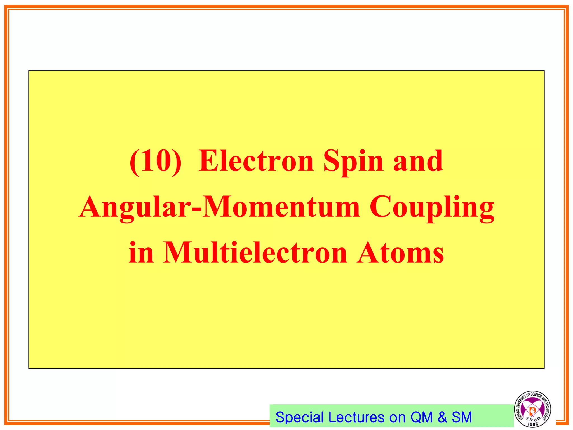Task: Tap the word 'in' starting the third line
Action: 141,253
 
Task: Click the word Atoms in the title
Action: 400,253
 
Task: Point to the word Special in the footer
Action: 300,417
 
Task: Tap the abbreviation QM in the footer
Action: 421,417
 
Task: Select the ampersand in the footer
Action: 442,417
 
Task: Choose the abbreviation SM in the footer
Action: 462,417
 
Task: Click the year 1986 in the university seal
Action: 533,424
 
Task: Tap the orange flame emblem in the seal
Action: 532,410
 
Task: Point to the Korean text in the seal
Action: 533,419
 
